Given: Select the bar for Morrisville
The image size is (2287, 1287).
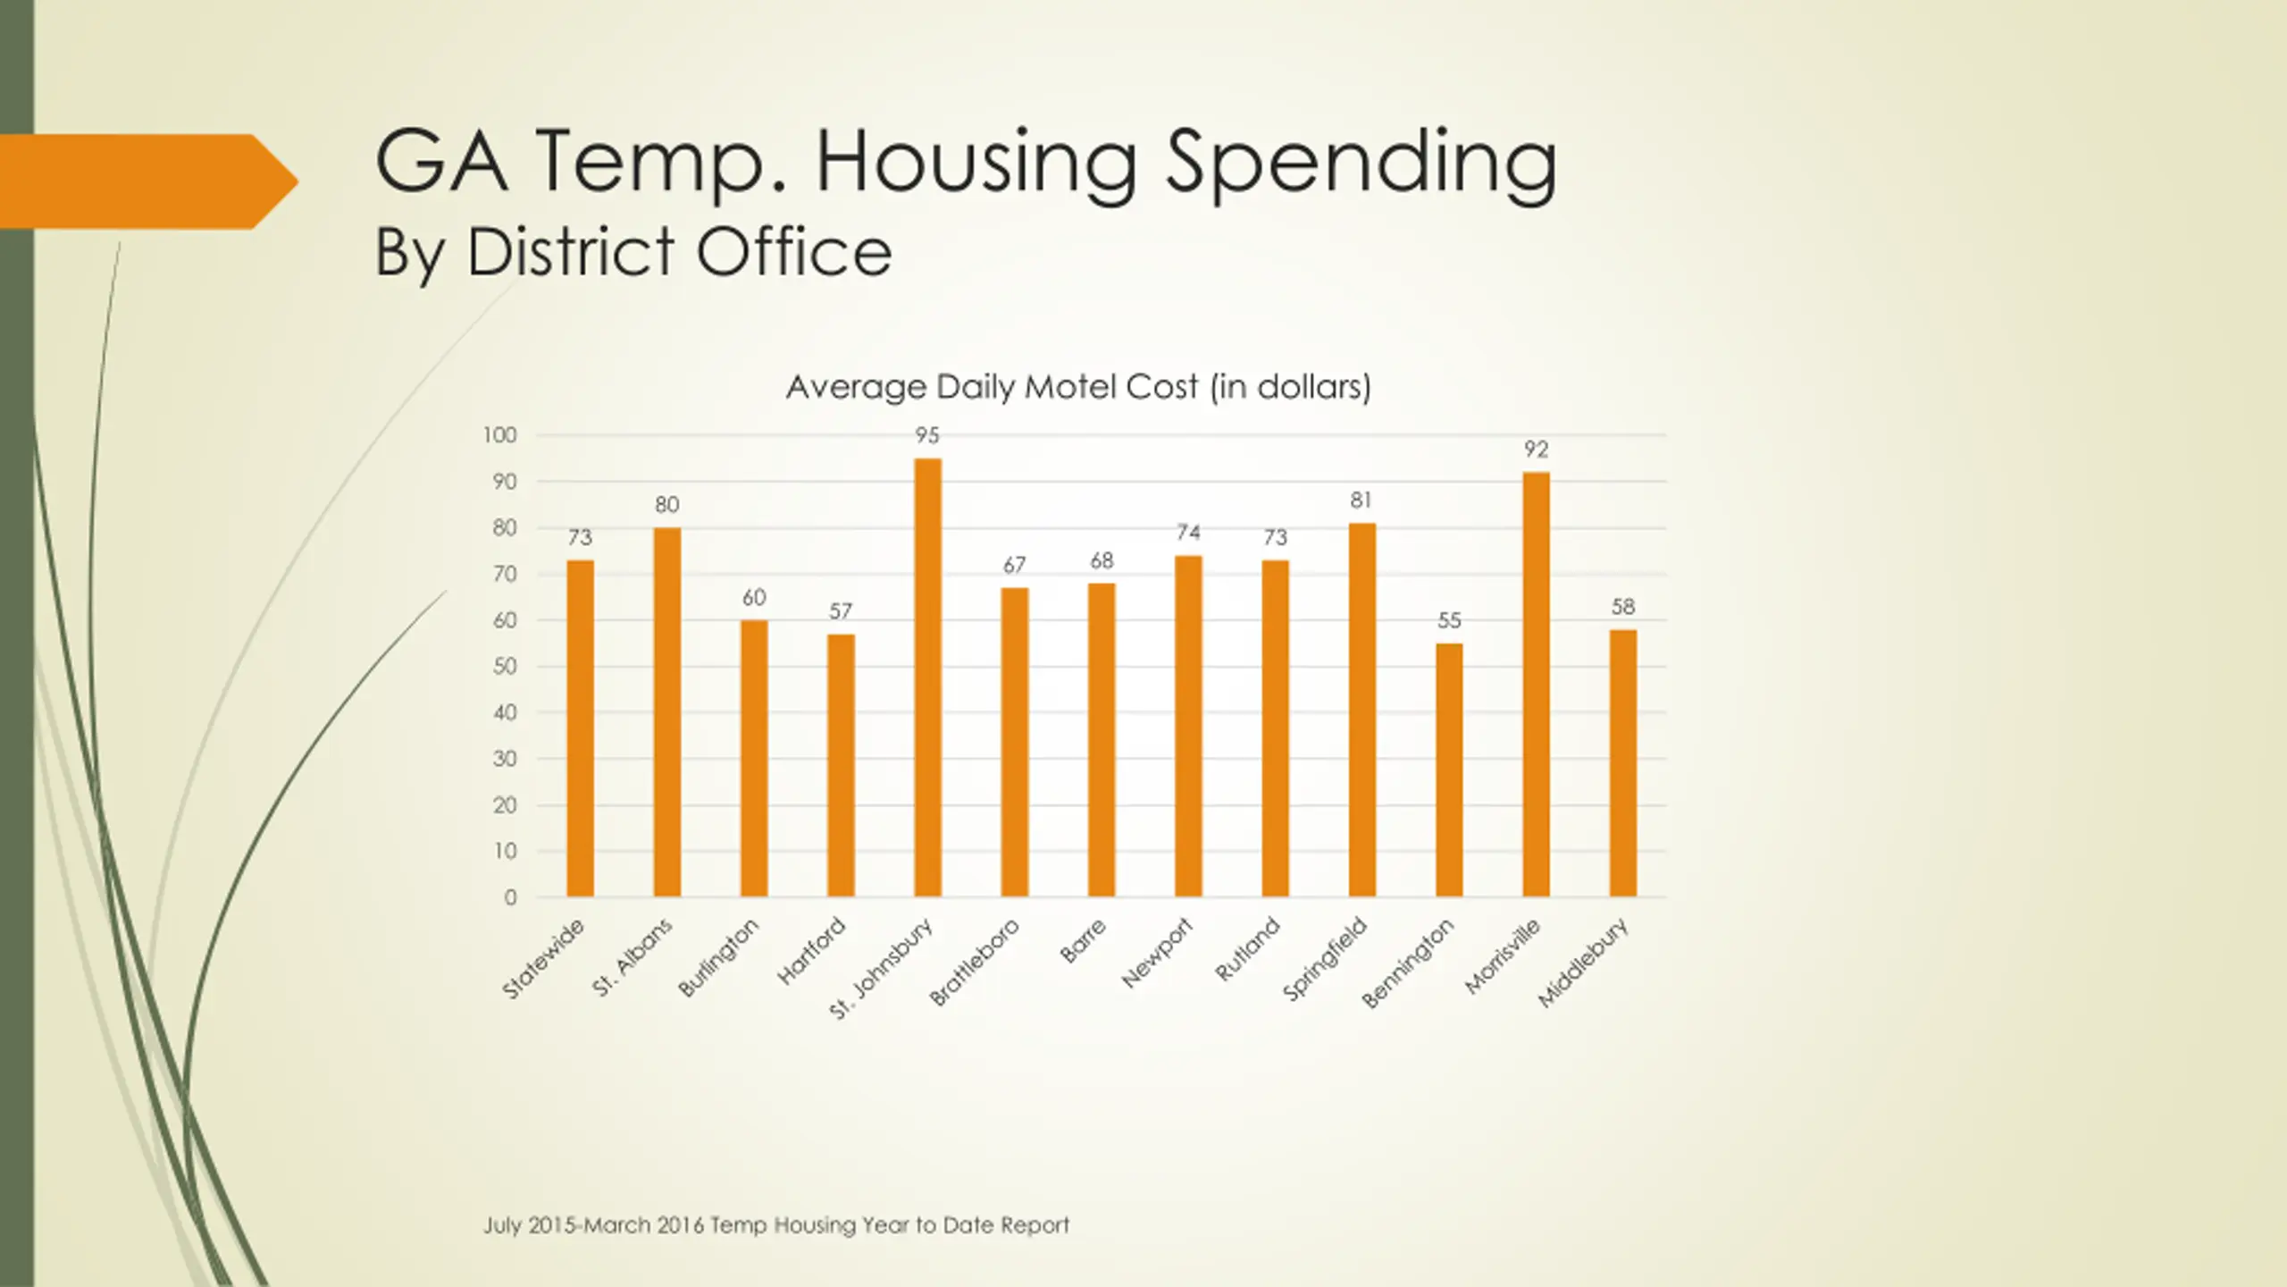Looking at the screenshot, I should (x=1536, y=685).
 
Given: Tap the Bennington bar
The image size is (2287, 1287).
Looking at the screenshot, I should (x=1449, y=770).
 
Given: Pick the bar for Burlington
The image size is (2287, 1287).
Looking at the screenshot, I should (x=754, y=758).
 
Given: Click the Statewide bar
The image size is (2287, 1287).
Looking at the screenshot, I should (x=580, y=728).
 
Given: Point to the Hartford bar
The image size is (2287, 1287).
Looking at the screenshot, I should (x=841, y=765).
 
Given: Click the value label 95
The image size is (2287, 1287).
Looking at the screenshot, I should (x=927, y=436).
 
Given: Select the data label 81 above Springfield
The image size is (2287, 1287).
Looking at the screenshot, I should (x=1361, y=500).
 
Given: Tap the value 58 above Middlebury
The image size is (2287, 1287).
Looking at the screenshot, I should (x=1623, y=608).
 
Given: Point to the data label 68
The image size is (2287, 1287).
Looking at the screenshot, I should (x=1102, y=561).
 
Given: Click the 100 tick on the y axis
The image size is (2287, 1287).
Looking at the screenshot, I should (x=500, y=435).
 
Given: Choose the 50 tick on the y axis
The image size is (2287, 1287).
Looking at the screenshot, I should (x=505, y=667).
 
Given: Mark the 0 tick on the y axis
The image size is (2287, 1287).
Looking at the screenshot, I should (x=510, y=897).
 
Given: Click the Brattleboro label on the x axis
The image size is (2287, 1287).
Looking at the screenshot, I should (x=975, y=962).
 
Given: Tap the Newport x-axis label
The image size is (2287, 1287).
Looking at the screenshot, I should (x=1158, y=953).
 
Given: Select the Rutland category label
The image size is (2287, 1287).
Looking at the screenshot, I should (x=1248, y=949).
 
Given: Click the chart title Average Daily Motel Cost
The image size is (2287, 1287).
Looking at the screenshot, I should (x=1078, y=387).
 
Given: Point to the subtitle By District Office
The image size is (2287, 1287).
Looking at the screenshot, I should (x=632, y=252).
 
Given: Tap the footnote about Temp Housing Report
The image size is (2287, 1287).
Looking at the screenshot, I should (x=776, y=1225).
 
